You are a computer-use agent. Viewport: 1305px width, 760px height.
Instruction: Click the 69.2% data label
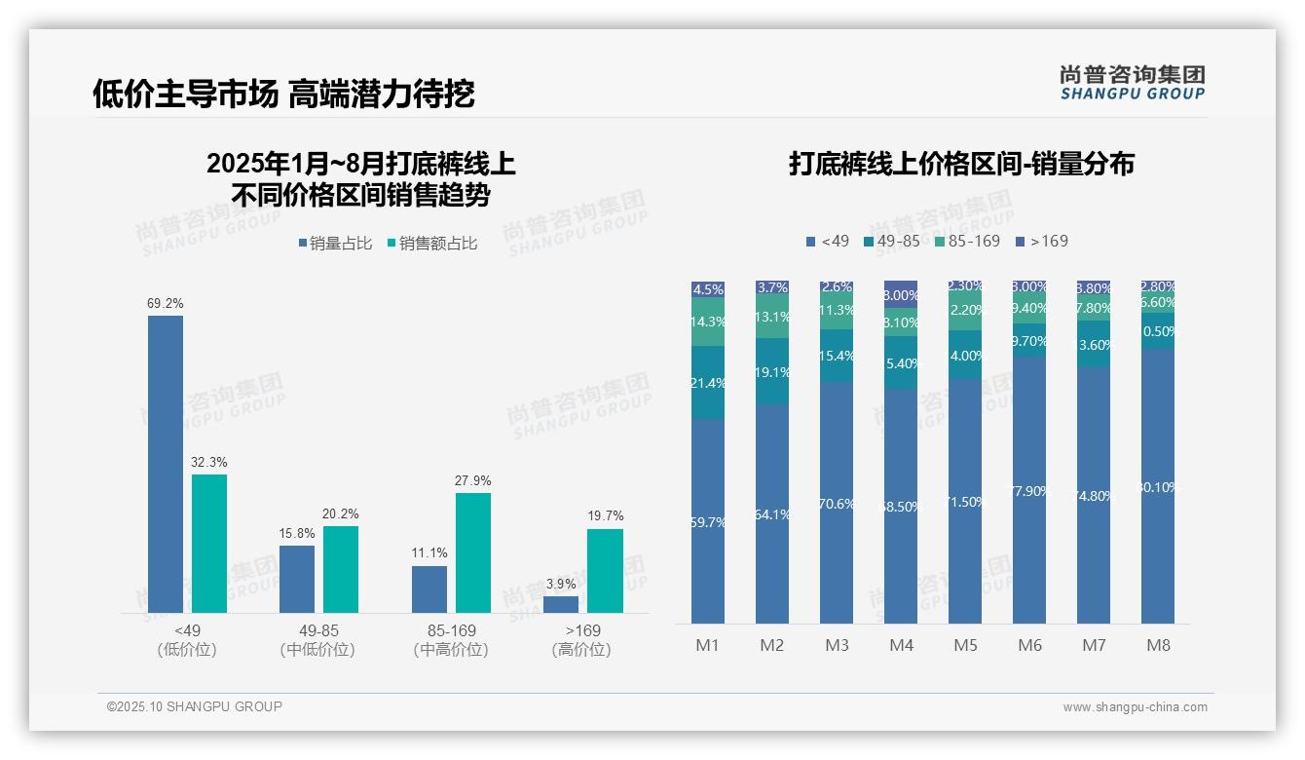(166, 303)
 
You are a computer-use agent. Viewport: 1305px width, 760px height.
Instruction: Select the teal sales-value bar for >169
(605, 570)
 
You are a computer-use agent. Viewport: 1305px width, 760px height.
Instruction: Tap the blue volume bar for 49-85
(297, 579)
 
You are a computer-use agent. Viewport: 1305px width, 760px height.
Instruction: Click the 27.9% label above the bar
(472, 480)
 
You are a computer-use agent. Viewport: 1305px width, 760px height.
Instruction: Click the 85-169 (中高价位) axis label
(451, 640)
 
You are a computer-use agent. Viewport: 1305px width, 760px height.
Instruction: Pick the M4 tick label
(901, 645)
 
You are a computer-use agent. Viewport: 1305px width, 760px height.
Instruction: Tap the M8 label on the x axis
(1158, 645)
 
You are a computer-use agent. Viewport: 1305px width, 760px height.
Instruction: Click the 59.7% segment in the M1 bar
(708, 522)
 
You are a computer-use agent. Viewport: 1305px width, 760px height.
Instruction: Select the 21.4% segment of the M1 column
(708, 383)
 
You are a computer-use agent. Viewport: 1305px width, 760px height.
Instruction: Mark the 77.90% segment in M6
(1030, 491)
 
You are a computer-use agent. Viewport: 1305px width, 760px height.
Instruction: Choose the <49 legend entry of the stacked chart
(827, 241)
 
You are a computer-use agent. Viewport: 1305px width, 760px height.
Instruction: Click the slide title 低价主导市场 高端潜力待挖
(283, 94)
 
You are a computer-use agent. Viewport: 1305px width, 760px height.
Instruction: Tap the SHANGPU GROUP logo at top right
(1132, 82)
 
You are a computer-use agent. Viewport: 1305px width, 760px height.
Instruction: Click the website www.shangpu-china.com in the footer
(1135, 707)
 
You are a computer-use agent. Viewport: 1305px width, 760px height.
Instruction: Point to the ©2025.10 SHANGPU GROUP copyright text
(195, 706)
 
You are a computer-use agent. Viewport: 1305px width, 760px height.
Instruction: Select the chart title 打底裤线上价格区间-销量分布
(961, 164)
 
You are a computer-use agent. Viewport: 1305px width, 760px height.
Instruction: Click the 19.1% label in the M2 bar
(772, 372)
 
